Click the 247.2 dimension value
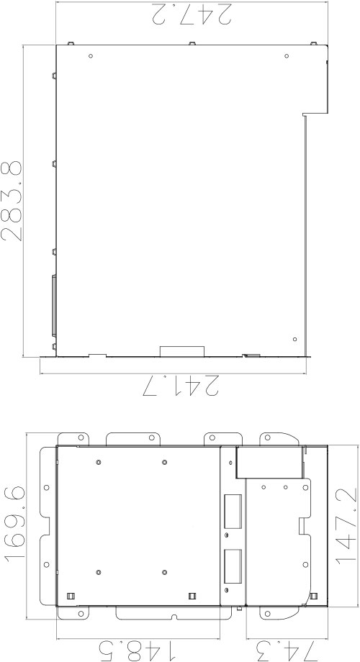tap(192, 14)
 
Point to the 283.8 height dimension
tap(12, 201)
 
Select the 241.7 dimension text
tap(181, 386)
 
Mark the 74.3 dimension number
tap(286, 650)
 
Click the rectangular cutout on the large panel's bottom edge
tap(182, 351)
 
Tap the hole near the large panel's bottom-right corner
tap(295, 339)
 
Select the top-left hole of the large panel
tap(91, 55)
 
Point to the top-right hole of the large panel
tap(287, 55)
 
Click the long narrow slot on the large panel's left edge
tap(54, 306)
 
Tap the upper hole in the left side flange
tap(47, 487)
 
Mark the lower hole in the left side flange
tap(47, 564)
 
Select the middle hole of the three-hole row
tap(286, 487)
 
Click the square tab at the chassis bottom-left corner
tap(71, 596)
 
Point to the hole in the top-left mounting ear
tap(81, 437)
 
